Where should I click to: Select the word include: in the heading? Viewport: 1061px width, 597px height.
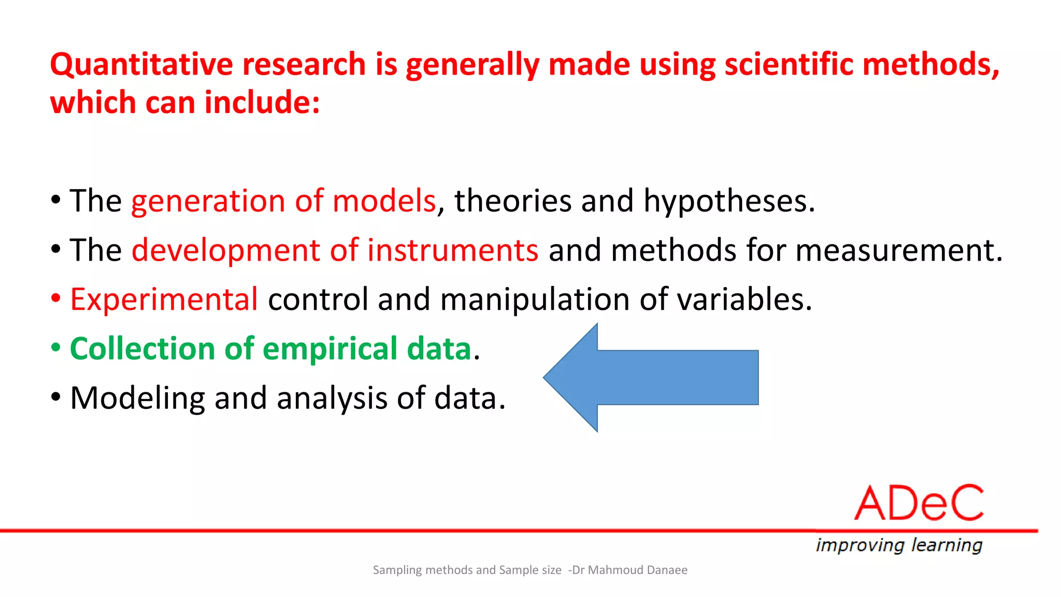coord(262,102)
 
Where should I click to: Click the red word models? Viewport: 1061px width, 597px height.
coord(384,201)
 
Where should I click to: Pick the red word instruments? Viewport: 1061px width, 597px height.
coord(453,250)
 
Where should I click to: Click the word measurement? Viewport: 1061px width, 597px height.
coord(899,250)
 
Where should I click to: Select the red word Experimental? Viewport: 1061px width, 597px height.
coord(164,300)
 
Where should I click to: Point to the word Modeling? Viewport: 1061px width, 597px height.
coord(137,398)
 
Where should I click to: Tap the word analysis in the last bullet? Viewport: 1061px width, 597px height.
coord(332,398)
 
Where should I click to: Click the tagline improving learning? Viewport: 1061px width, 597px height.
coord(899,545)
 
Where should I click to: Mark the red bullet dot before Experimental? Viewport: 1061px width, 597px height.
coord(56,298)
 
